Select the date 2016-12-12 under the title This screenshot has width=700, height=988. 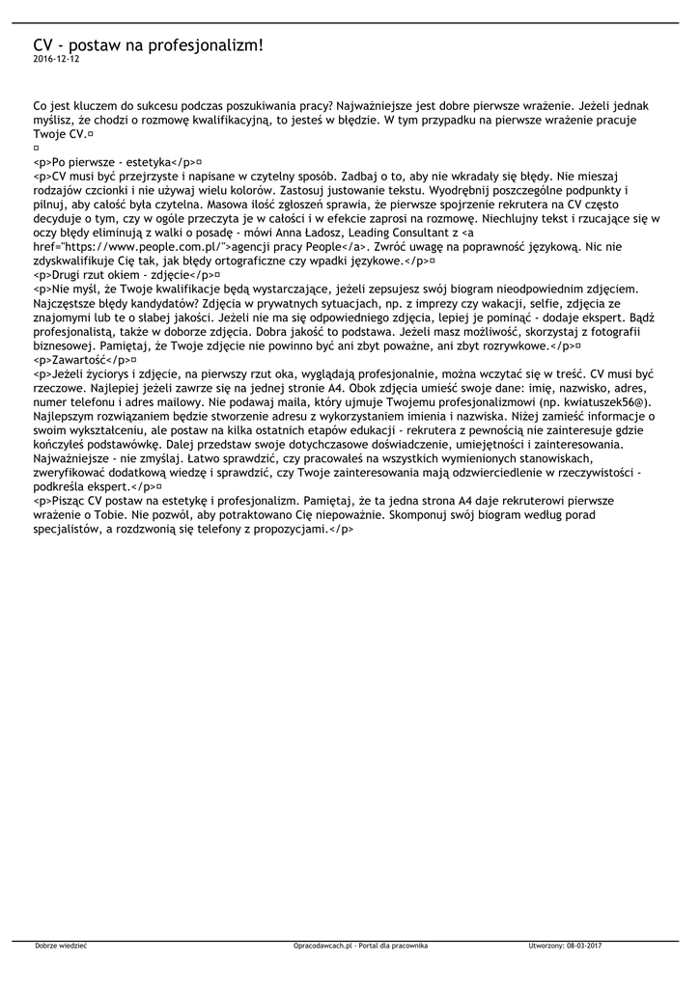56,59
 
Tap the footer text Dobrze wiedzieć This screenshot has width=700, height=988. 61,946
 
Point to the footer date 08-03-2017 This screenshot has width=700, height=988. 583,946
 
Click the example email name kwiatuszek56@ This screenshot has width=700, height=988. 608,400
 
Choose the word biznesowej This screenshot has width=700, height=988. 63,344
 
